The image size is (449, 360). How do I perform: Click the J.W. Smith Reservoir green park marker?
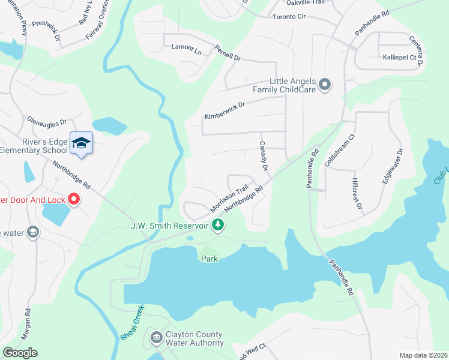click(x=218, y=226)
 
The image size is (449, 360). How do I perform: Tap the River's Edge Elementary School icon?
click(x=82, y=143)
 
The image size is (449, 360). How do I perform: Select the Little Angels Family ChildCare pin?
click(x=325, y=85)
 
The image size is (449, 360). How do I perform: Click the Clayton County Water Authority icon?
click(x=157, y=339)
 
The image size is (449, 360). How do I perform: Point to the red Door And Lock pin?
click(x=74, y=198)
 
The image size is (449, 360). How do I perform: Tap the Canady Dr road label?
click(x=263, y=155)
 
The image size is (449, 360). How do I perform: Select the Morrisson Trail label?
click(x=229, y=199)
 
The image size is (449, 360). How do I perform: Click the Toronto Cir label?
click(x=289, y=17)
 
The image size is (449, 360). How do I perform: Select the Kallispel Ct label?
click(x=400, y=56)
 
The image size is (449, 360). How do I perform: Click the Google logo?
click(x=20, y=353)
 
